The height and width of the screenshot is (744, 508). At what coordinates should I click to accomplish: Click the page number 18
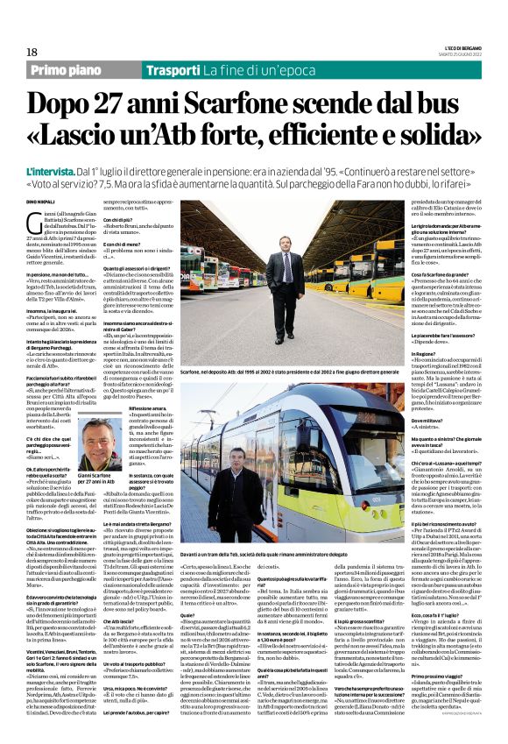click(32, 51)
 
